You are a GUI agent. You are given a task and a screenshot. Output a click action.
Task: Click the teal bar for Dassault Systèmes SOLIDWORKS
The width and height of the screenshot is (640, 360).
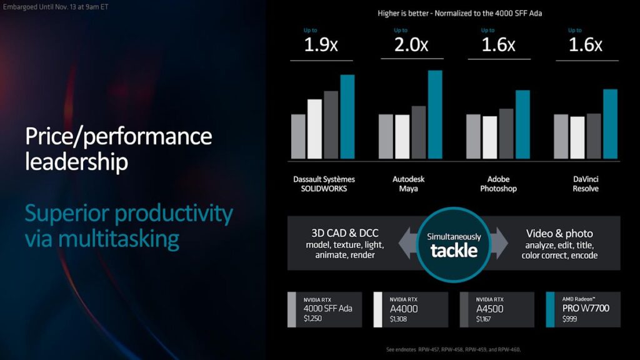[x=347, y=116]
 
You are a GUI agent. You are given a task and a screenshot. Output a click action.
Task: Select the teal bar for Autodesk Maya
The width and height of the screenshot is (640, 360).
[x=434, y=114]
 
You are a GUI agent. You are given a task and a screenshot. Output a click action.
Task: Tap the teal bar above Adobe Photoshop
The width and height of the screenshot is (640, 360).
[x=522, y=124]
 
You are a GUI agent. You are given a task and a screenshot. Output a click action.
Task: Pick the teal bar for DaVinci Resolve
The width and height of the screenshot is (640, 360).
[x=610, y=124]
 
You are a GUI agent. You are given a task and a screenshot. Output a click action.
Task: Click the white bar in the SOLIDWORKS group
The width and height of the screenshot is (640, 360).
[x=314, y=129]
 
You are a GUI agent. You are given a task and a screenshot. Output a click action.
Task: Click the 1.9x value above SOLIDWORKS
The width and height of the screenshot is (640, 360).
[x=321, y=45]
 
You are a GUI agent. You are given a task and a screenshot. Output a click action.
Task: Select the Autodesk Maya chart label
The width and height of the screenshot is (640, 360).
[x=409, y=184]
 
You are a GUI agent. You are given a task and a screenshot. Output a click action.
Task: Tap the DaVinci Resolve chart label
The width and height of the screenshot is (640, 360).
[x=586, y=184]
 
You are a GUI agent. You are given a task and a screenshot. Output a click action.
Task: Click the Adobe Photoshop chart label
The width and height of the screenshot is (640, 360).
[x=498, y=184]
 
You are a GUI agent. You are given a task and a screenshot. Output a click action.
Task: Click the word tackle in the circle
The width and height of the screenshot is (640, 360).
[x=454, y=251]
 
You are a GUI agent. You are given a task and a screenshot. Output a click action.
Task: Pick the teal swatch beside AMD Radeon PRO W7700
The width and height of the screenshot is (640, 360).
[x=550, y=309]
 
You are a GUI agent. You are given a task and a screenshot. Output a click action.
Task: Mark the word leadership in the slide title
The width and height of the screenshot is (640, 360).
[x=77, y=162]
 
